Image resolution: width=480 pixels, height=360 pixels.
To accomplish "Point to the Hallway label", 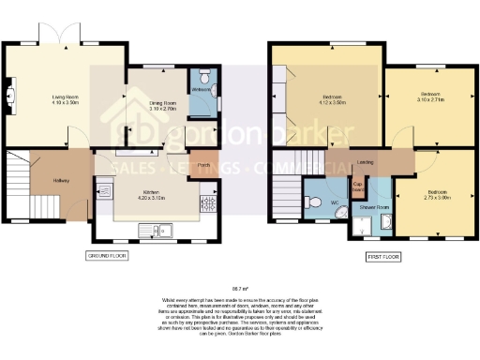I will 61,180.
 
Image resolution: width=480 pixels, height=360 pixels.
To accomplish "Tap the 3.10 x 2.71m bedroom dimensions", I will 430,98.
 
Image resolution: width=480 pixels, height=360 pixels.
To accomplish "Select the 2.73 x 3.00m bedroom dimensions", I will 432,199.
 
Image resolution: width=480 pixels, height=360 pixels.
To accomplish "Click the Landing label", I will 362,161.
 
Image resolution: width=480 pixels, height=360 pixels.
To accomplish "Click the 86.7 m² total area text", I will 240,288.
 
